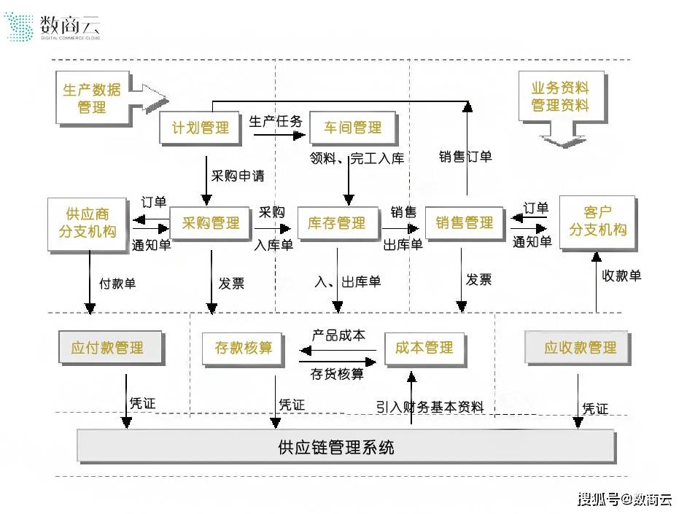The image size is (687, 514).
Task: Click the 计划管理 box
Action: (x=200, y=128)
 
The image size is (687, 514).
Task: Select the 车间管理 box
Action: (x=352, y=128)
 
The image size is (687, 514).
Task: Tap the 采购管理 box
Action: (x=210, y=223)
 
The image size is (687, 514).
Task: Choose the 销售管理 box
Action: (x=465, y=223)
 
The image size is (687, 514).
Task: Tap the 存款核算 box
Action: (x=243, y=348)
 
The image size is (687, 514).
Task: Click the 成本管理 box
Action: (x=424, y=347)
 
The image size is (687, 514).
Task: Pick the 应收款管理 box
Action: (x=580, y=348)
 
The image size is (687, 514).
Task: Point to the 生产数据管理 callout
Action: (x=93, y=98)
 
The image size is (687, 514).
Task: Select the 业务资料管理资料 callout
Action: (x=559, y=96)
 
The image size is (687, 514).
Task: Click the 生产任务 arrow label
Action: (x=275, y=121)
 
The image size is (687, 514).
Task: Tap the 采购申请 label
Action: (x=238, y=176)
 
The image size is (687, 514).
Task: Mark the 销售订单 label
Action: (x=465, y=156)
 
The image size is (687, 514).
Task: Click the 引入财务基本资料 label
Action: (x=430, y=407)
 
